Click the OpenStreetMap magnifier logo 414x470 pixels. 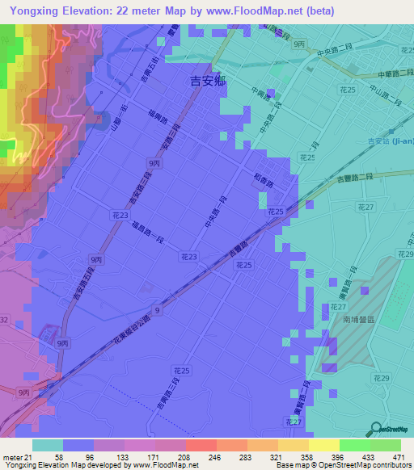coord(375,428)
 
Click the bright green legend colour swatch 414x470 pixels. coord(354,445)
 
